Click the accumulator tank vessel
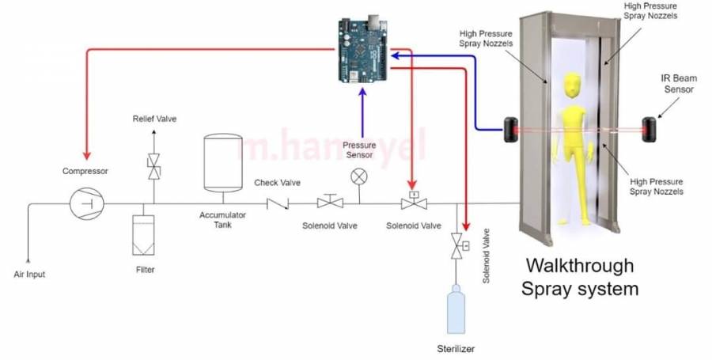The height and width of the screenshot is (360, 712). pos(222,162)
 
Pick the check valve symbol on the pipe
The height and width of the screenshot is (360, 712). pos(278,203)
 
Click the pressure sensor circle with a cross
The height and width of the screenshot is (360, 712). pos(358,175)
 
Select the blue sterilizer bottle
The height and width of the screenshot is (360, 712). pos(456,310)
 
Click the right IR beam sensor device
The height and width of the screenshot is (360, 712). pos(652,129)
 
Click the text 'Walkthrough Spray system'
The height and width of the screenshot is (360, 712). pos(580,276)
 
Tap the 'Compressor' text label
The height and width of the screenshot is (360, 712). pos(85,171)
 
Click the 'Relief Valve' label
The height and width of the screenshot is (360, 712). pos(154,119)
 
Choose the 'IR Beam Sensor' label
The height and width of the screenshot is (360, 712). pos(678,84)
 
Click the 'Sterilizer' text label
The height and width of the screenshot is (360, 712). pos(456,348)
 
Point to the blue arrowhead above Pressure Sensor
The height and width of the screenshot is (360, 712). pos(362,93)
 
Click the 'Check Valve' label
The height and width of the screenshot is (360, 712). pos(277,183)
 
